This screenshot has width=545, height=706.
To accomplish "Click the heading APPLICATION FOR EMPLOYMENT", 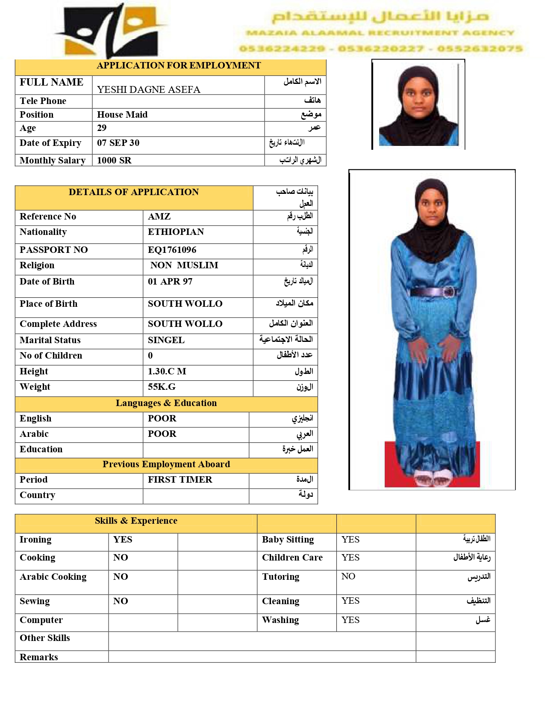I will point(178,65).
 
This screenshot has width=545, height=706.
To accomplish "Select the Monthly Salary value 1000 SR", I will point(114,160).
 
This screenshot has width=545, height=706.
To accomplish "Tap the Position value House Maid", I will point(122,115).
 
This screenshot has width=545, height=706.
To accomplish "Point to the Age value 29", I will point(102,128).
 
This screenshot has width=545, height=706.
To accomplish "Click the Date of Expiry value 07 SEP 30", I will point(118,143).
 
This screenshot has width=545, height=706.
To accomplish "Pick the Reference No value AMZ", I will point(159,217).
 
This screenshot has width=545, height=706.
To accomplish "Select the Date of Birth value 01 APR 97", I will point(170,282).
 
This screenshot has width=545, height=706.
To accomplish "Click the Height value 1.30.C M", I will point(167,371).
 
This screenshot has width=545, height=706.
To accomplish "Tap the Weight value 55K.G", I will point(162,387).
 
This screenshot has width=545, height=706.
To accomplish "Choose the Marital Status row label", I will point(50,340).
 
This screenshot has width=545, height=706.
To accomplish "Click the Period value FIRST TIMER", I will point(180,480).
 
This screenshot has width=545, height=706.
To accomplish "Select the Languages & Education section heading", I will point(166,403).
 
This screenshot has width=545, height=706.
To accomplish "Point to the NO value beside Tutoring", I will point(348,576).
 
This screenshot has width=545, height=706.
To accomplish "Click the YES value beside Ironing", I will point(123,540).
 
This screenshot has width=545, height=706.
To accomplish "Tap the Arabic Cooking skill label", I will point(53,577).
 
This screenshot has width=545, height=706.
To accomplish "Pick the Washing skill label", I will point(280,620).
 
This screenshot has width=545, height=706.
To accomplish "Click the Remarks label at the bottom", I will point(39,657).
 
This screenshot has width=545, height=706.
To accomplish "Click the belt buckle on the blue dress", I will point(449,292).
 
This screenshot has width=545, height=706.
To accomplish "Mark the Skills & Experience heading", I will point(136,521).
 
